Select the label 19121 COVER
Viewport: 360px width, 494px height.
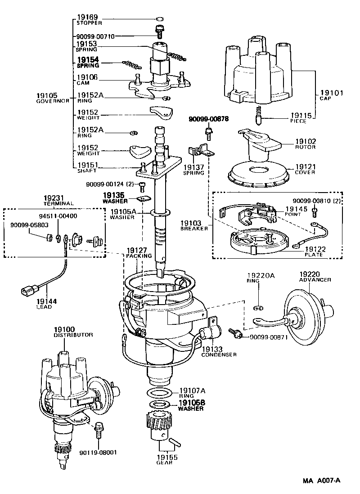(305, 169)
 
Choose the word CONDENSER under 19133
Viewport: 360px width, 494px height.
(219, 355)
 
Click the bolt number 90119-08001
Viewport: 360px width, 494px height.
(98, 453)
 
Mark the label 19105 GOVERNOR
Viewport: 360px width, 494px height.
(53, 98)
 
